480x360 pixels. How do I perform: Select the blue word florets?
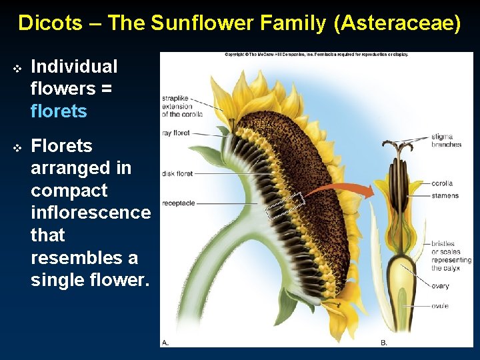pos(59,111)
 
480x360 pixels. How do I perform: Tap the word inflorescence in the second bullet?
pos(91,213)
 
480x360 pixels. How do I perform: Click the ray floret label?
pos(176,133)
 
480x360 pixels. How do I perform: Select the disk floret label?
pos(177,174)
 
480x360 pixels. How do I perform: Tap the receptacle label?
pos(178,203)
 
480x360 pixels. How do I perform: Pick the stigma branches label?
pos(446,141)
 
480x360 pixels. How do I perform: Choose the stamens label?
pos(445,196)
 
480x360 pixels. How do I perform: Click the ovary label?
pos(440,286)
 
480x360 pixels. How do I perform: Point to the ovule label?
pos(439,306)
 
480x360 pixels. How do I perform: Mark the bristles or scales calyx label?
pos(451,256)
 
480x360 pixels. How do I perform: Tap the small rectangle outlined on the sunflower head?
pos(285,205)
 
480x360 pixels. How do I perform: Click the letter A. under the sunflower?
pos(166,342)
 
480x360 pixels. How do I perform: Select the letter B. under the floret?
pos(384,342)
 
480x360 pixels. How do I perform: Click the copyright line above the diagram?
pos(316,55)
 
